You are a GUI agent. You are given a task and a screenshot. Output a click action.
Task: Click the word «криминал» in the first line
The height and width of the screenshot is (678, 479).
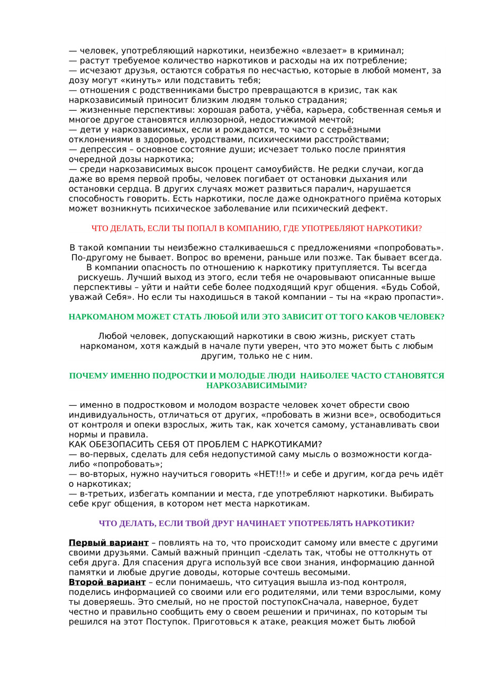click(383, 51)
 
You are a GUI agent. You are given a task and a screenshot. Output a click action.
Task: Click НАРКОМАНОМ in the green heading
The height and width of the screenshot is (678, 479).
click(102, 317)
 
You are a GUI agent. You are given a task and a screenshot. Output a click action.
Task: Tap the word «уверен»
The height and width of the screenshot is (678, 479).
click(277, 346)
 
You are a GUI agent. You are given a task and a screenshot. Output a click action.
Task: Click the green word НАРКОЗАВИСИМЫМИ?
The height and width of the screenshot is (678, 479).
click(257, 386)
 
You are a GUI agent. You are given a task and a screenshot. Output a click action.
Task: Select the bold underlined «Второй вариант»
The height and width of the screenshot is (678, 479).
click(107, 583)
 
